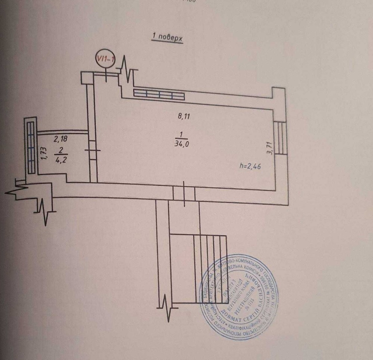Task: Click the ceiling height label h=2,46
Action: [250, 166]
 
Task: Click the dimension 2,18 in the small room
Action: [61, 140]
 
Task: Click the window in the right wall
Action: [280, 138]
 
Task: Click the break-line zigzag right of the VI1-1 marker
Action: [128, 71]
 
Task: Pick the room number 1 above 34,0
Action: [181, 134]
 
